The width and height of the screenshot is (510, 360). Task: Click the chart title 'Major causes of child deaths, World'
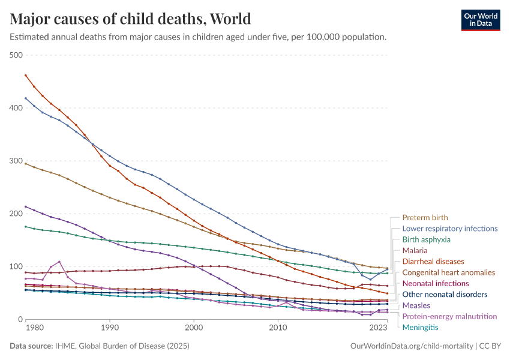pos(130,18)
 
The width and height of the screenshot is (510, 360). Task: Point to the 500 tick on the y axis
pos(16,55)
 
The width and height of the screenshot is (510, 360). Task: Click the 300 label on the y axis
pos(16,161)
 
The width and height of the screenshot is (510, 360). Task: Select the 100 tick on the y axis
pos(16,266)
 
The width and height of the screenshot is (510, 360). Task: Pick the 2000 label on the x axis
pos(194,328)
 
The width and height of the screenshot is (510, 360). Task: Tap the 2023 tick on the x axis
pos(379,328)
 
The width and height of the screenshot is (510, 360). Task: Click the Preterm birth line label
pos(425,217)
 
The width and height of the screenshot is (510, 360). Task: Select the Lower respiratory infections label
pos(449,229)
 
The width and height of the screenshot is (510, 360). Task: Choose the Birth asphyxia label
pos(426,239)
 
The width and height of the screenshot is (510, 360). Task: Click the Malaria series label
pos(415,250)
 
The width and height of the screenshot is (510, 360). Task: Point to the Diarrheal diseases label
pos(433,262)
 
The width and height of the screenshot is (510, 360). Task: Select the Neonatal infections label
pos(435,283)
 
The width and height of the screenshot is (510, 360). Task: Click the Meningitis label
pos(420,327)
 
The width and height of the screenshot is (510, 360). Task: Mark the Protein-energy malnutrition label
pos(449,316)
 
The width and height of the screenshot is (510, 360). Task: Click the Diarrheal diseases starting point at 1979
pos(26,76)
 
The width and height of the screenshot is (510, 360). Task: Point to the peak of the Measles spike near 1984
pos(59,262)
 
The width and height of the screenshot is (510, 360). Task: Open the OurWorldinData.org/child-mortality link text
pos(411,346)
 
